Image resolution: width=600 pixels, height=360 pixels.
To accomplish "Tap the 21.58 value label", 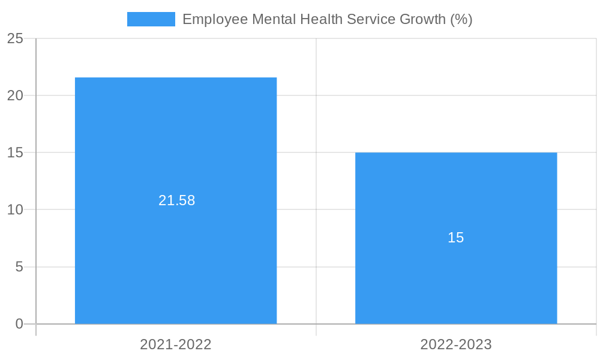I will (x=176, y=200).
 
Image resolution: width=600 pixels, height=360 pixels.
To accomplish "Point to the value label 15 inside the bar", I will (x=456, y=238).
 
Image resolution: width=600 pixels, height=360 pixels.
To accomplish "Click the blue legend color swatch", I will (x=151, y=19).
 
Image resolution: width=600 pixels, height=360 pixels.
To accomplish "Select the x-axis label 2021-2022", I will (x=176, y=344).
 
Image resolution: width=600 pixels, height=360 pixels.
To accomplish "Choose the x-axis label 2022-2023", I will (x=456, y=344).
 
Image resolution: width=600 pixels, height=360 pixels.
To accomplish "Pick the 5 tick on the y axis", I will (x=19, y=266).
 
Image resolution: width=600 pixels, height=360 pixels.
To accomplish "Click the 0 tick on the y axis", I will (x=19, y=324).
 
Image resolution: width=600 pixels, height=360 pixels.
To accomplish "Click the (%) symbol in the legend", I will (x=461, y=19).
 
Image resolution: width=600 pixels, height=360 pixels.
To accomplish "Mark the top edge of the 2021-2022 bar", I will (x=176, y=78).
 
